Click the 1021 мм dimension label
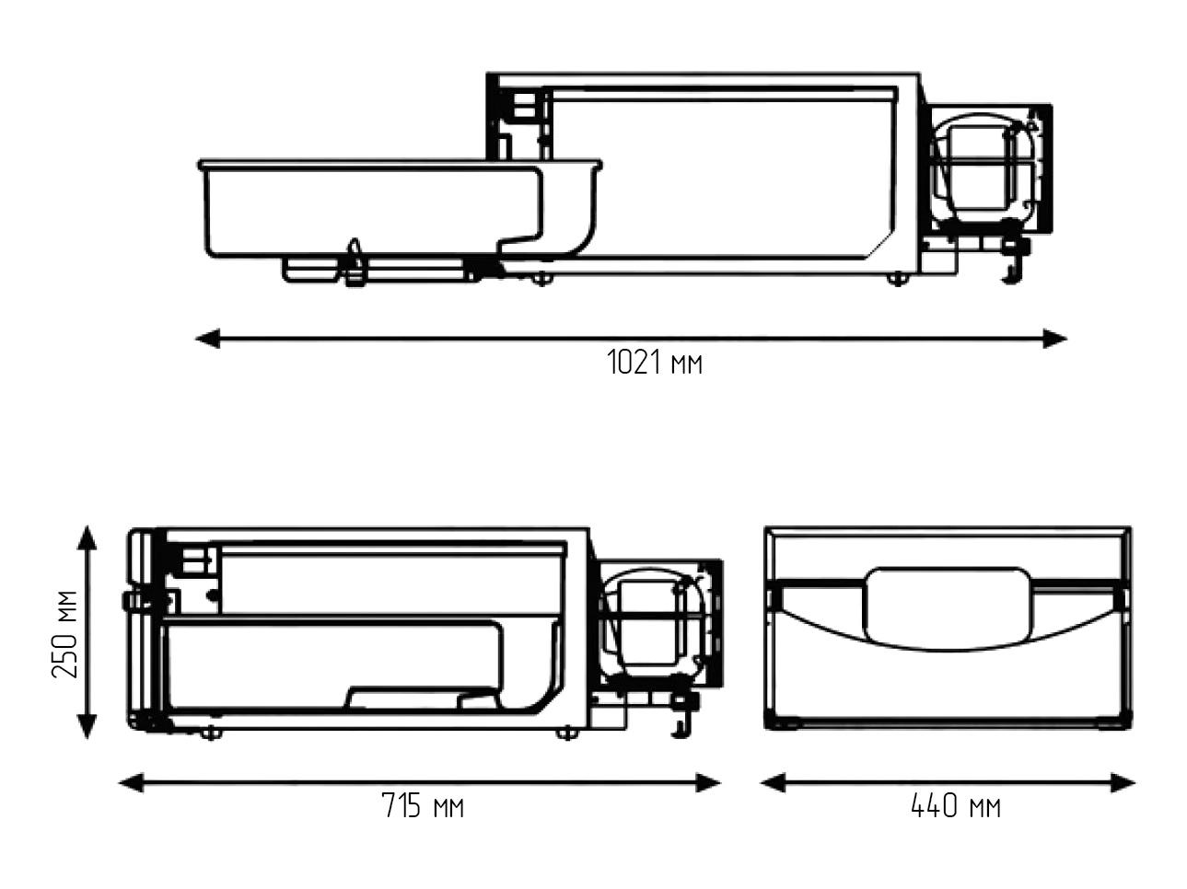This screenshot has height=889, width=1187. [655, 363]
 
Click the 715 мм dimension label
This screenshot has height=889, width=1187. [423, 806]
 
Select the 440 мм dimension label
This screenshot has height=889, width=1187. [955, 806]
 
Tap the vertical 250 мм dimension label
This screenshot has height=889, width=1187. [64, 633]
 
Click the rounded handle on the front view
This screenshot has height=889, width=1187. [947, 604]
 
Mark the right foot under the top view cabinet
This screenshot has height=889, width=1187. [898, 278]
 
